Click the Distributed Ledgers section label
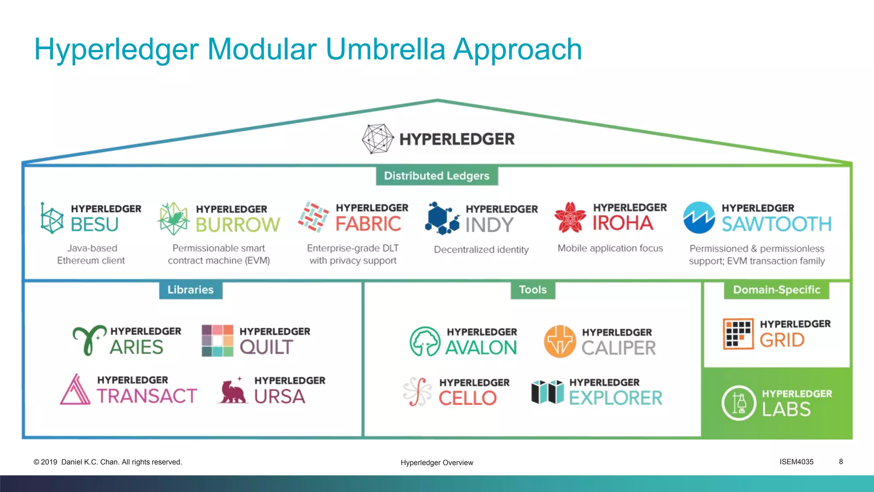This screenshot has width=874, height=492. click(437, 176)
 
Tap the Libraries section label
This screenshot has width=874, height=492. click(190, 290)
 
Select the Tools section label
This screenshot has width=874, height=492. click(533, 290)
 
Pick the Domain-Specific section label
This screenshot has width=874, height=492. click(776, 290)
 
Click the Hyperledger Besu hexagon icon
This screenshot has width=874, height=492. click(52, 218)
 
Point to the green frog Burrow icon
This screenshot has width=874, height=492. click(173, 218)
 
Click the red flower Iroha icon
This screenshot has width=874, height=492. click(570, 217)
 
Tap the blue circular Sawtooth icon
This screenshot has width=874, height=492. click(699, 217)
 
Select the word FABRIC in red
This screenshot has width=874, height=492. click(368, 224)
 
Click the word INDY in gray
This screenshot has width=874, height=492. click(489, 225)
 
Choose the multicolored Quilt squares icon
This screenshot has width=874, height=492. click(217, 340)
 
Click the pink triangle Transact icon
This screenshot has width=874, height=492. click(76, 390)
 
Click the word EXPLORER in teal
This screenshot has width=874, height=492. click(615, 398)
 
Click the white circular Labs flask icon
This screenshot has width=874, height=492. click(739, 403)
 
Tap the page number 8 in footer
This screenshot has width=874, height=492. click(841, 462)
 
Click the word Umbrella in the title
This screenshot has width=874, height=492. click(385, 50)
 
